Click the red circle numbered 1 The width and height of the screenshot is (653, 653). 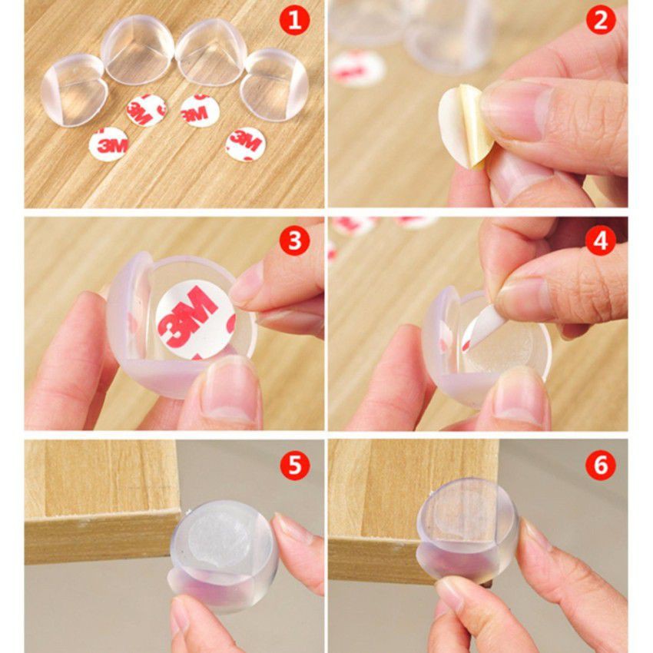tap(294, 19)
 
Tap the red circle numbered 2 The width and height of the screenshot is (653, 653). tap(600, 19)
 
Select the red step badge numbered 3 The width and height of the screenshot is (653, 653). tap(294, 240)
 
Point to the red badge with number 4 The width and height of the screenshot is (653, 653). tap(600, 240)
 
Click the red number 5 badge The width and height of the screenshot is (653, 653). tap(294, 464)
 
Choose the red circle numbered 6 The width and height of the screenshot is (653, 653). tap(600, 464)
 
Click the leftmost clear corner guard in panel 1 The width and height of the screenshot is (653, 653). tap(74, 90)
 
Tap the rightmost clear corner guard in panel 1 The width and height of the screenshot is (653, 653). tap(274, 85)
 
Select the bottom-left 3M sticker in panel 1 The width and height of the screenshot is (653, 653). tap(108, 144)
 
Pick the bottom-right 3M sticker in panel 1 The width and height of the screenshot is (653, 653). tap(246, 144)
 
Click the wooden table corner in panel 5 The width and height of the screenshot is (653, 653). tap(178, 512)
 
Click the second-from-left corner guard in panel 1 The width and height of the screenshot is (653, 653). tap(138, 49)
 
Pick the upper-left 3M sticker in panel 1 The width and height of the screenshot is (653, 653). tap(147, 110)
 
